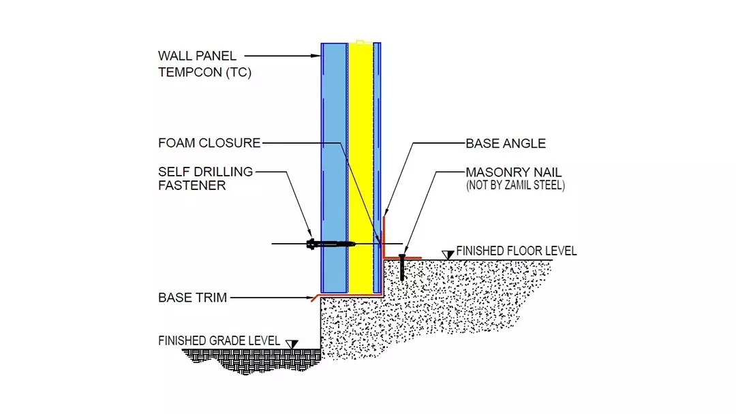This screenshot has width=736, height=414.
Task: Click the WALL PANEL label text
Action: click(198, 55)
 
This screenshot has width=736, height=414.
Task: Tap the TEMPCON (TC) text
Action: click(204, 72)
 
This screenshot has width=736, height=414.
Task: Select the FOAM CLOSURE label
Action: click(209, 143)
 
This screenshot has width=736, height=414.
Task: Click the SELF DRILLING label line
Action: click(205, 172)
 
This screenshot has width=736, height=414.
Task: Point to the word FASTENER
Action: click(191, 185)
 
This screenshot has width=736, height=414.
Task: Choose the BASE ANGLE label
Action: click(506, 144)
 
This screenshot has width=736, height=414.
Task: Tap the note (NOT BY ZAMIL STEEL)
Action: click(515, 185)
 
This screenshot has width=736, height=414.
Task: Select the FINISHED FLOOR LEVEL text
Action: click(517, 251)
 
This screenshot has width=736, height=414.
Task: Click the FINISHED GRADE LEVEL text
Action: click(219, 340)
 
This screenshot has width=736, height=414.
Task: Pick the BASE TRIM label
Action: click(192, 298)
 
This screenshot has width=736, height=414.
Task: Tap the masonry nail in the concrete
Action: click(402, 266)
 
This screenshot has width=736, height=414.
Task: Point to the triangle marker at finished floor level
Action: click(448, 255)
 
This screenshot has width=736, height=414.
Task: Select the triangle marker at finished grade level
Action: click(293, 344)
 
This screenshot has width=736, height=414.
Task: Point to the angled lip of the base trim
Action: click(316, 298)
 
